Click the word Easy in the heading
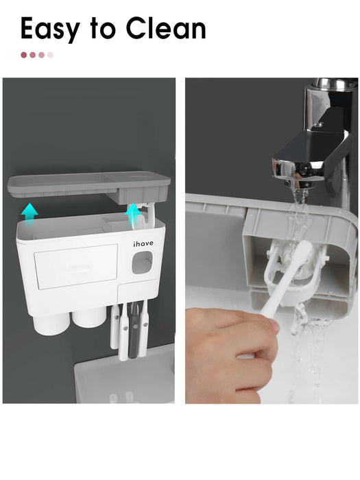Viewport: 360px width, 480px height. pyautogui.click(x=51, y=29)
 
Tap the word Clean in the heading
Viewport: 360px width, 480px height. pyautogui.click(x=166, y=28)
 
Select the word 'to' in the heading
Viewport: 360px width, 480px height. pyautogui.click(x=103, y=28)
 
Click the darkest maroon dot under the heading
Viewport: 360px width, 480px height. pyautogui.click(x=24, y=55)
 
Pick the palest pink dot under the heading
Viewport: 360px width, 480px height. pyautogui.click(x=51, y=55)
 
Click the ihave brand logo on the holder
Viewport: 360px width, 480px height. pyautogui.click(x=143, y=243)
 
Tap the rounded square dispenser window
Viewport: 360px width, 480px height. pyautogui.click(x=142, y=263)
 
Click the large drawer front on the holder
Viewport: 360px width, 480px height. pyautogui.click(x=76, y=266)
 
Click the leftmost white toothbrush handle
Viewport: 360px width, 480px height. pyautogui.click(x=115, y=326)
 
